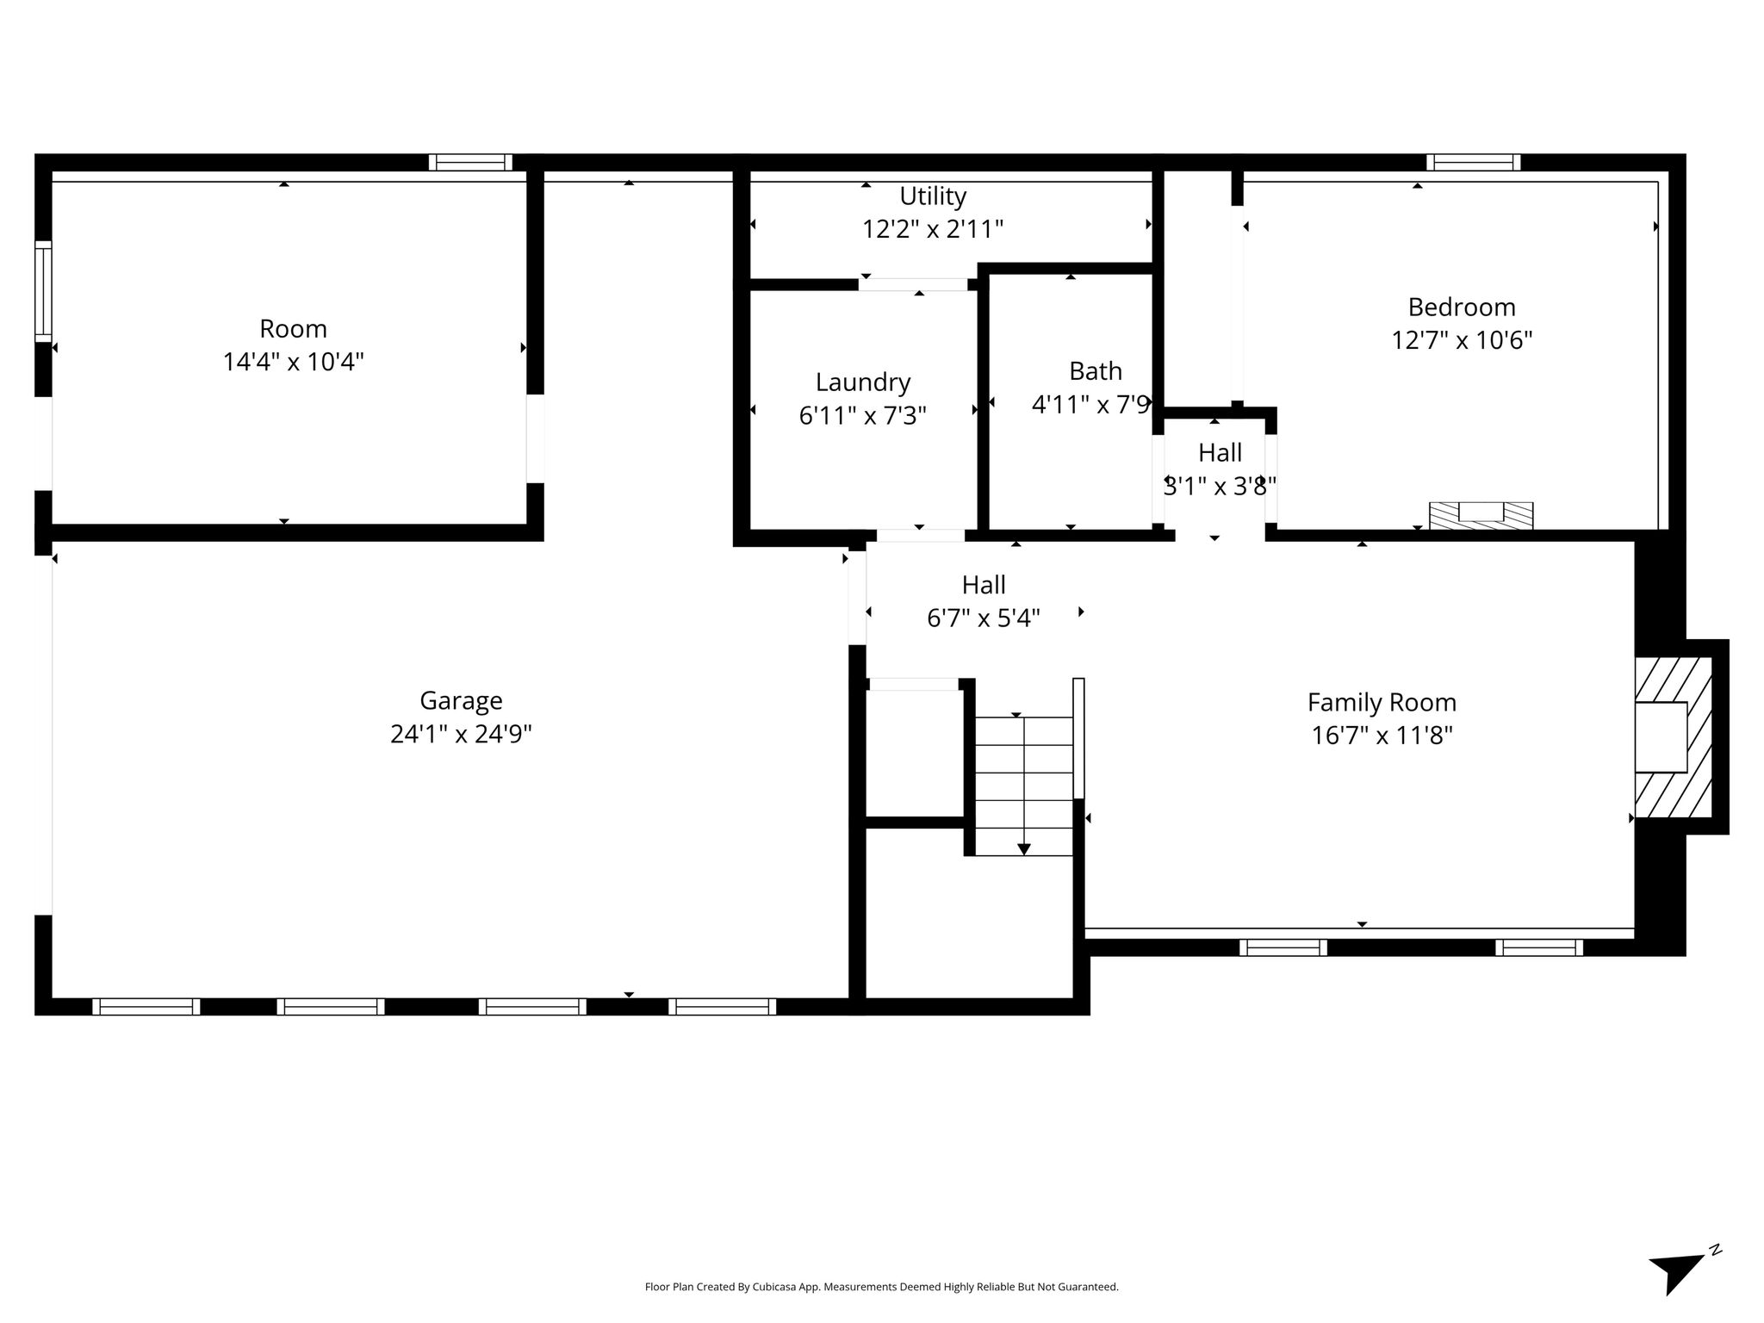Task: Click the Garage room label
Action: click(x=461, y=701)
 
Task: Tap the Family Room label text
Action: click(x=1382, y=703)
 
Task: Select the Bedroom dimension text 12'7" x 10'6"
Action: click(x=1462, y=340)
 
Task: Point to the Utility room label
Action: click(x=933, y=196)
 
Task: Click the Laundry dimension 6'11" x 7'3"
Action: click(x=862, y=416)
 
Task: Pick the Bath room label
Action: click(x=1096, y=371)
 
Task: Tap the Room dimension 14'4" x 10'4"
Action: click(x=293, y=362)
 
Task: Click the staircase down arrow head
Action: click(x=1023, y=849)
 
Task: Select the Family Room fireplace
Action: click(x=1673, y=737)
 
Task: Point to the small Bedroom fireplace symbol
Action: click(x=1481, y=515)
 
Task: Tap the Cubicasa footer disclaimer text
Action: click(x=881, y=1287)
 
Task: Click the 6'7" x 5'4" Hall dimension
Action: click(x=984, y=618)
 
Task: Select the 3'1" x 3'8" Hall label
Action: click(x=1220, y=487)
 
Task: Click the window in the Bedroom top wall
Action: click(x=1473, y=163)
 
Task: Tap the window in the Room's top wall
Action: click(x=470, y=163)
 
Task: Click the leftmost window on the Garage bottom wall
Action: click(x=146, y=1007)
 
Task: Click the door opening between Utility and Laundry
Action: click(x=913, y=284)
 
